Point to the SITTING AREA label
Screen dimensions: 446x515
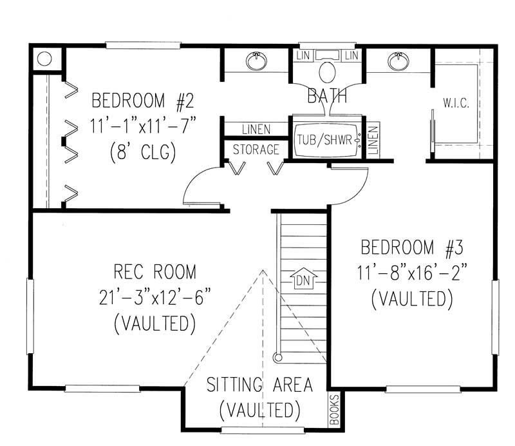click(x=259, y=385)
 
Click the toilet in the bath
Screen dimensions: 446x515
click(x=327, y=71)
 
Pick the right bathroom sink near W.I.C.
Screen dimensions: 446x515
click(x=397, y=61)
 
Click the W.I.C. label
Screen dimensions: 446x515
click(x=455, y=102)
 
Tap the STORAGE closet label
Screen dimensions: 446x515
click(x=256, y=150)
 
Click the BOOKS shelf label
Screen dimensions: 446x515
click(x=333, y=410)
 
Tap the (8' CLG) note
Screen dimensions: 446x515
click(x=143, y=153)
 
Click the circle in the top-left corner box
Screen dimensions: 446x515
click(x=44, y=59)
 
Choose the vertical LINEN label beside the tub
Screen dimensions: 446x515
click(x=374, y=137)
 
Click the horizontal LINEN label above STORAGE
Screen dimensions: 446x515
click(x=256, y=130)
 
